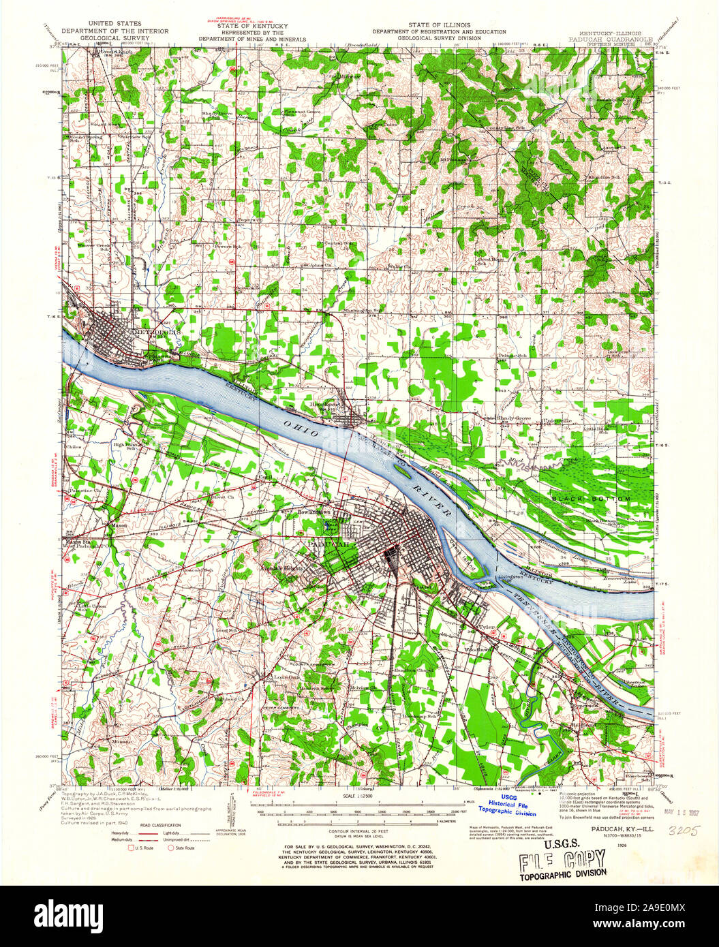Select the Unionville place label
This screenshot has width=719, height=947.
(x=556, y=421)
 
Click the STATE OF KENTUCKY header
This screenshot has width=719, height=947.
(x=257, y=25)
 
